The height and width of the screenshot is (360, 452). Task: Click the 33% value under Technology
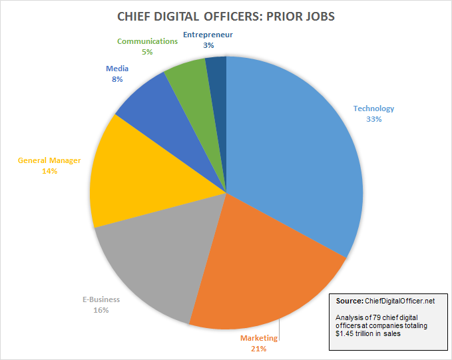373,120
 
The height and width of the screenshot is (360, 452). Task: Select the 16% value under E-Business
101,309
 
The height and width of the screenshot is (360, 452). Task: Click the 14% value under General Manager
49,171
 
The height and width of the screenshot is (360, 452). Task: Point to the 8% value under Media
116,79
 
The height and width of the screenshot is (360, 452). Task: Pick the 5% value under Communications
147,51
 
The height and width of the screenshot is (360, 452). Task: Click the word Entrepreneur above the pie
208,34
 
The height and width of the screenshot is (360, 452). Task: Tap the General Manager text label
49,160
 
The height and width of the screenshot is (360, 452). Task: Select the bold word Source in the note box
349,301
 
